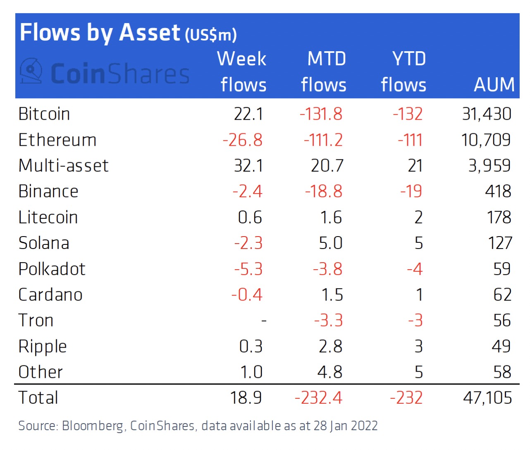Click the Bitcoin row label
tap(44, 114)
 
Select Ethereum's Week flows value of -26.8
tap(242, 140)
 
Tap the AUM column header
tap(494, 85)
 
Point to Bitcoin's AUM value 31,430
tap(487, 114)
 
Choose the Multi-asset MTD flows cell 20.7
tap(327, 166)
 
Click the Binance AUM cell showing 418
tap(498, 192)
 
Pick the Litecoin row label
tap(48, 218)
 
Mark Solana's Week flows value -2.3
tap(248, 243)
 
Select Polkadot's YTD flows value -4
tap(415, 269)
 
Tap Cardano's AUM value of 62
tap(502, 295)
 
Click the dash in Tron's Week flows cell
tap(264, 321)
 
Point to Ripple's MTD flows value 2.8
tap(330, 346)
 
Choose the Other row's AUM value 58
tap(502, 372)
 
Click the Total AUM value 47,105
tap(487, 398)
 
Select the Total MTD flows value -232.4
tap(318, 398)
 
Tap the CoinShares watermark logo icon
tap(31, 71)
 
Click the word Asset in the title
tap(150, 33)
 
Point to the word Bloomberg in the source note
tap(93, 426)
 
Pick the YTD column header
tap(409, 59)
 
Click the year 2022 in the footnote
tap(364, 426)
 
